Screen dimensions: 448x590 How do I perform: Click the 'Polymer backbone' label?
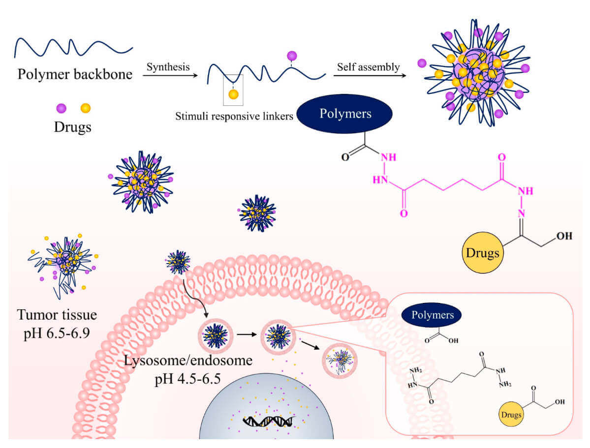[x=74, y=75]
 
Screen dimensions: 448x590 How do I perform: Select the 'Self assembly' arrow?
[x=368, y=76]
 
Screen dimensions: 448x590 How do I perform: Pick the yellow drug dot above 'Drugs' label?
[x=86, y=107]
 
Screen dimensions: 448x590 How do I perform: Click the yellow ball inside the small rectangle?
[x=233, y=93]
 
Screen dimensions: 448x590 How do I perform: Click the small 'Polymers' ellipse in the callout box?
[x=431, y=315]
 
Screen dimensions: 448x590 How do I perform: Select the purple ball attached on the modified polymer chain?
[x=292, y=56]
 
